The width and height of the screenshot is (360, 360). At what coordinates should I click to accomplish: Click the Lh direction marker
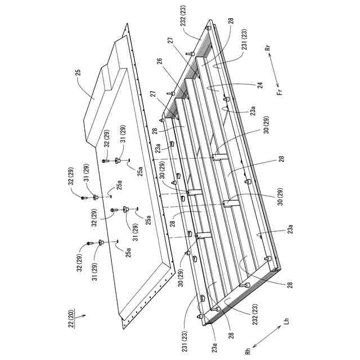coord(286,322)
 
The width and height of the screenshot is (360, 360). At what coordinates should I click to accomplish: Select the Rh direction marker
coord(247,351)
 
